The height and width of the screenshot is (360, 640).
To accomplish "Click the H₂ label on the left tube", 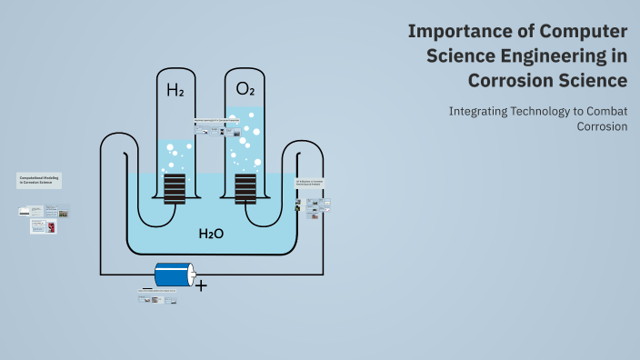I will pyautogui.click(x=175, y=90).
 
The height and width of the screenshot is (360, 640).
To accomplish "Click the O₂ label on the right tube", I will pyautogui.click(x=245, y=89).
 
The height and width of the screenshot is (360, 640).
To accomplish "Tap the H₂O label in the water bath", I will pyautogui.click(x=211, y=234).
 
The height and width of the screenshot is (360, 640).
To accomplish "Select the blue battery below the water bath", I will pyautogui.click(x=175, y=274).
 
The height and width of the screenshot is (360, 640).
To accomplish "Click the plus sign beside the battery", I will pyautogui.click(x=201, y=285).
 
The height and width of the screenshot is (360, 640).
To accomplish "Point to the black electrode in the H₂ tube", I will pyautogui.click(x=175, y=188).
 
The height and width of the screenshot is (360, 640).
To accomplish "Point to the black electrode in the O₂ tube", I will pyautogui.click(x=245, y=188).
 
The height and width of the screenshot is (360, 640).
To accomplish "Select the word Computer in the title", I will pyautogui.click(x=572, y=32).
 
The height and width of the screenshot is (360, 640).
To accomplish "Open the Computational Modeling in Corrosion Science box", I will pyautogui.click(x=39, y=180).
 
